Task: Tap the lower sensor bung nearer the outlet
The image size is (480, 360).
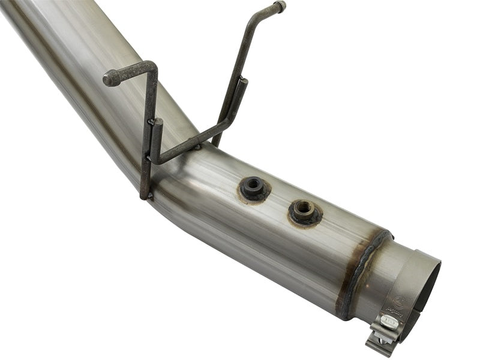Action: point(305,211)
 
